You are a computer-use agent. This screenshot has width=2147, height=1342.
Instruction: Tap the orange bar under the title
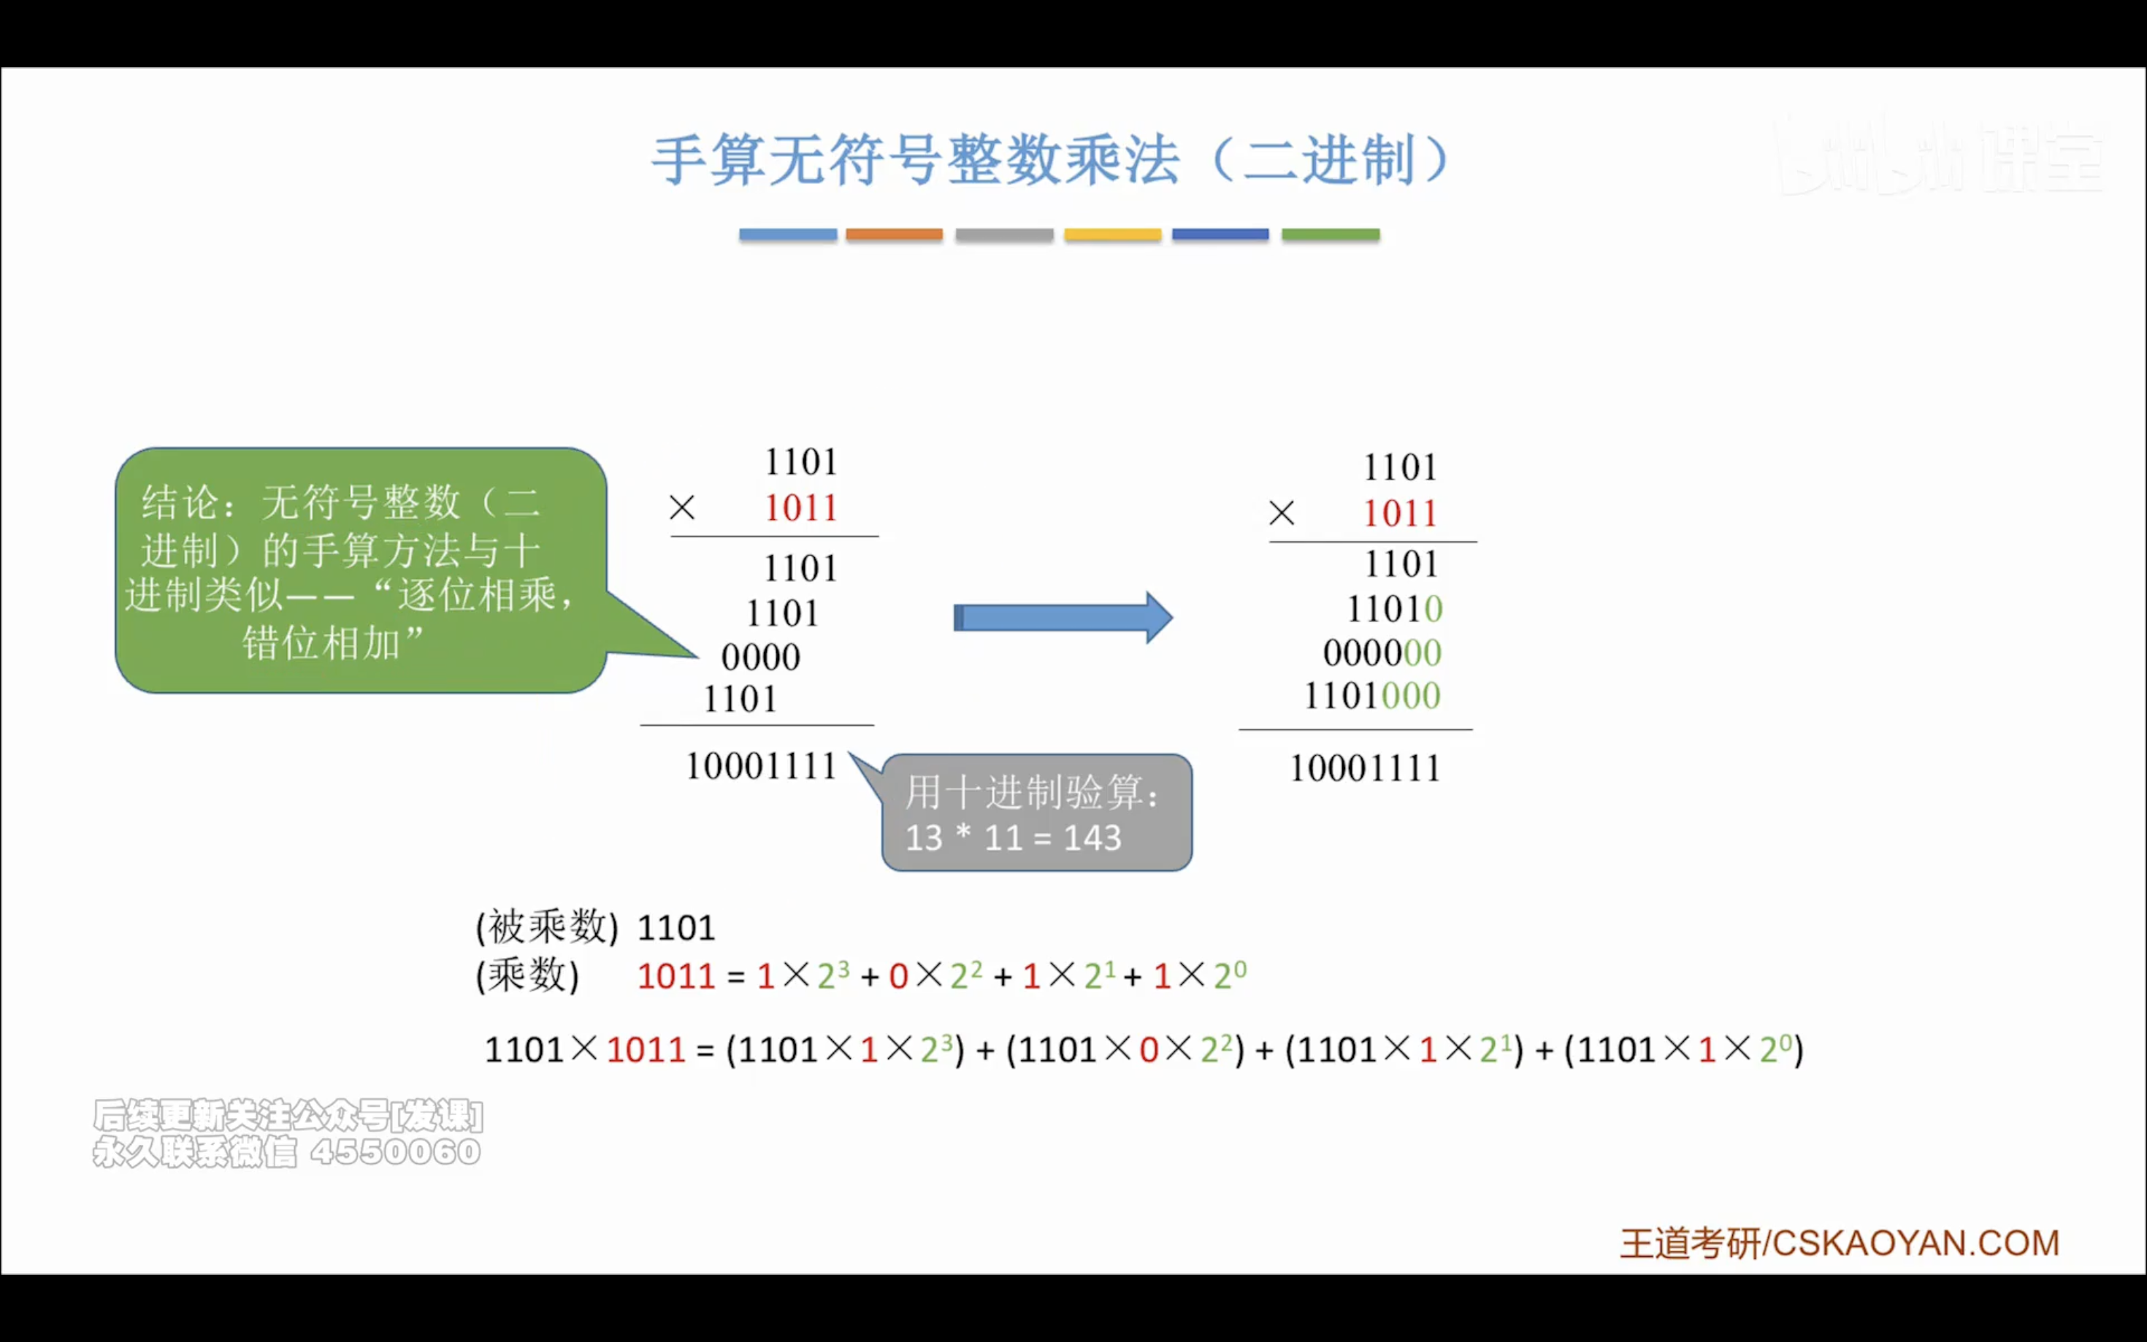point(894,234)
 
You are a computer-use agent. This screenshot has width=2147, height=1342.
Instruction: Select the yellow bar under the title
point(1112,234)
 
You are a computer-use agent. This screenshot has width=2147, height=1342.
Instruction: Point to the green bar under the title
point(1331,234)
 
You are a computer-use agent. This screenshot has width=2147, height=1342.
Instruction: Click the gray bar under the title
point(1004,234)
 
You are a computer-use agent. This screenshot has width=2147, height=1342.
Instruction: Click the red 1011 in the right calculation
point(1400,514)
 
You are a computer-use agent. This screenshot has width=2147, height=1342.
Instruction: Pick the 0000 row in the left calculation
point(761,658)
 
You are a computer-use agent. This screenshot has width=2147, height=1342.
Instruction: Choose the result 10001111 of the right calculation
point(1364,769)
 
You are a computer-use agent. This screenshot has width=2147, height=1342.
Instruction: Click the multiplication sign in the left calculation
point(681,507)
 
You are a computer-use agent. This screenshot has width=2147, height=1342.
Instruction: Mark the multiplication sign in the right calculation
point(1282,513)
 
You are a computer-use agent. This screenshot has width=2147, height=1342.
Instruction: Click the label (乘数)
point(528,976)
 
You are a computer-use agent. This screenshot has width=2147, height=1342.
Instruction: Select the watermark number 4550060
point(395,1152)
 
